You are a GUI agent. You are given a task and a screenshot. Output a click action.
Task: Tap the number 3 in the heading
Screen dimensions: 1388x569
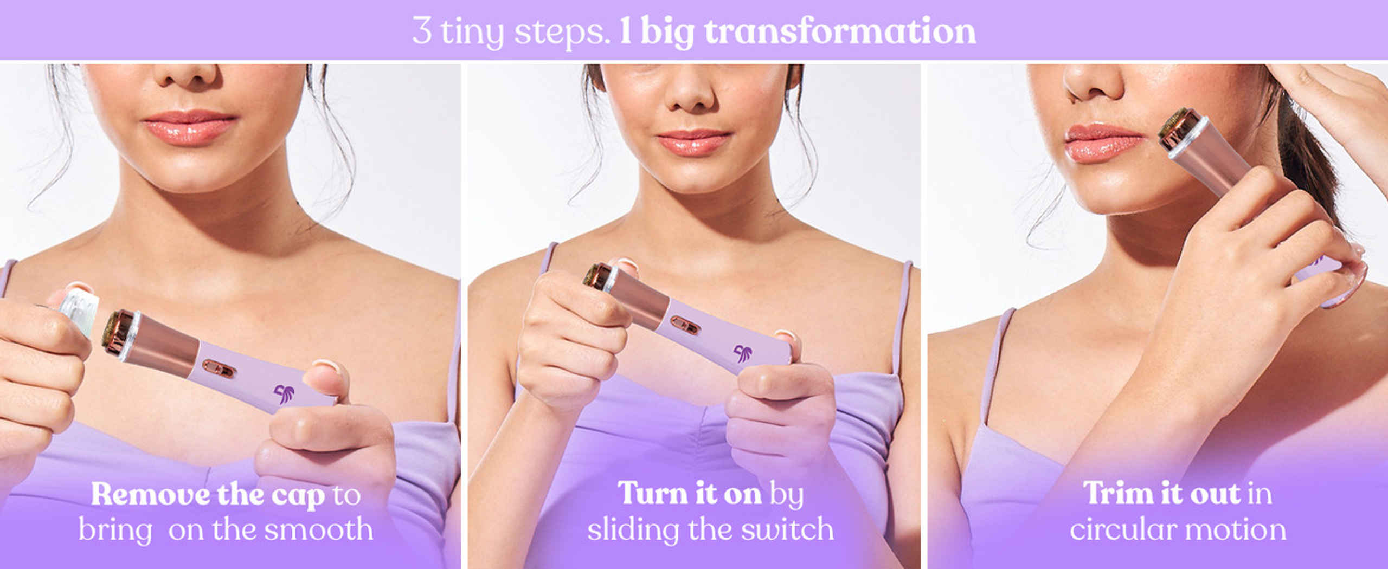pyautogui.click(x=422, y=30)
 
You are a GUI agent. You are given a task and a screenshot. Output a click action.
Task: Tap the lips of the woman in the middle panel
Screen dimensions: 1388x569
pyautogui.click(x=693, y=142)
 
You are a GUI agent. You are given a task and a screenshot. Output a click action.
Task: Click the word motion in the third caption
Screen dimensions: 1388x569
pyautogui.click(x=1238, y=529)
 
